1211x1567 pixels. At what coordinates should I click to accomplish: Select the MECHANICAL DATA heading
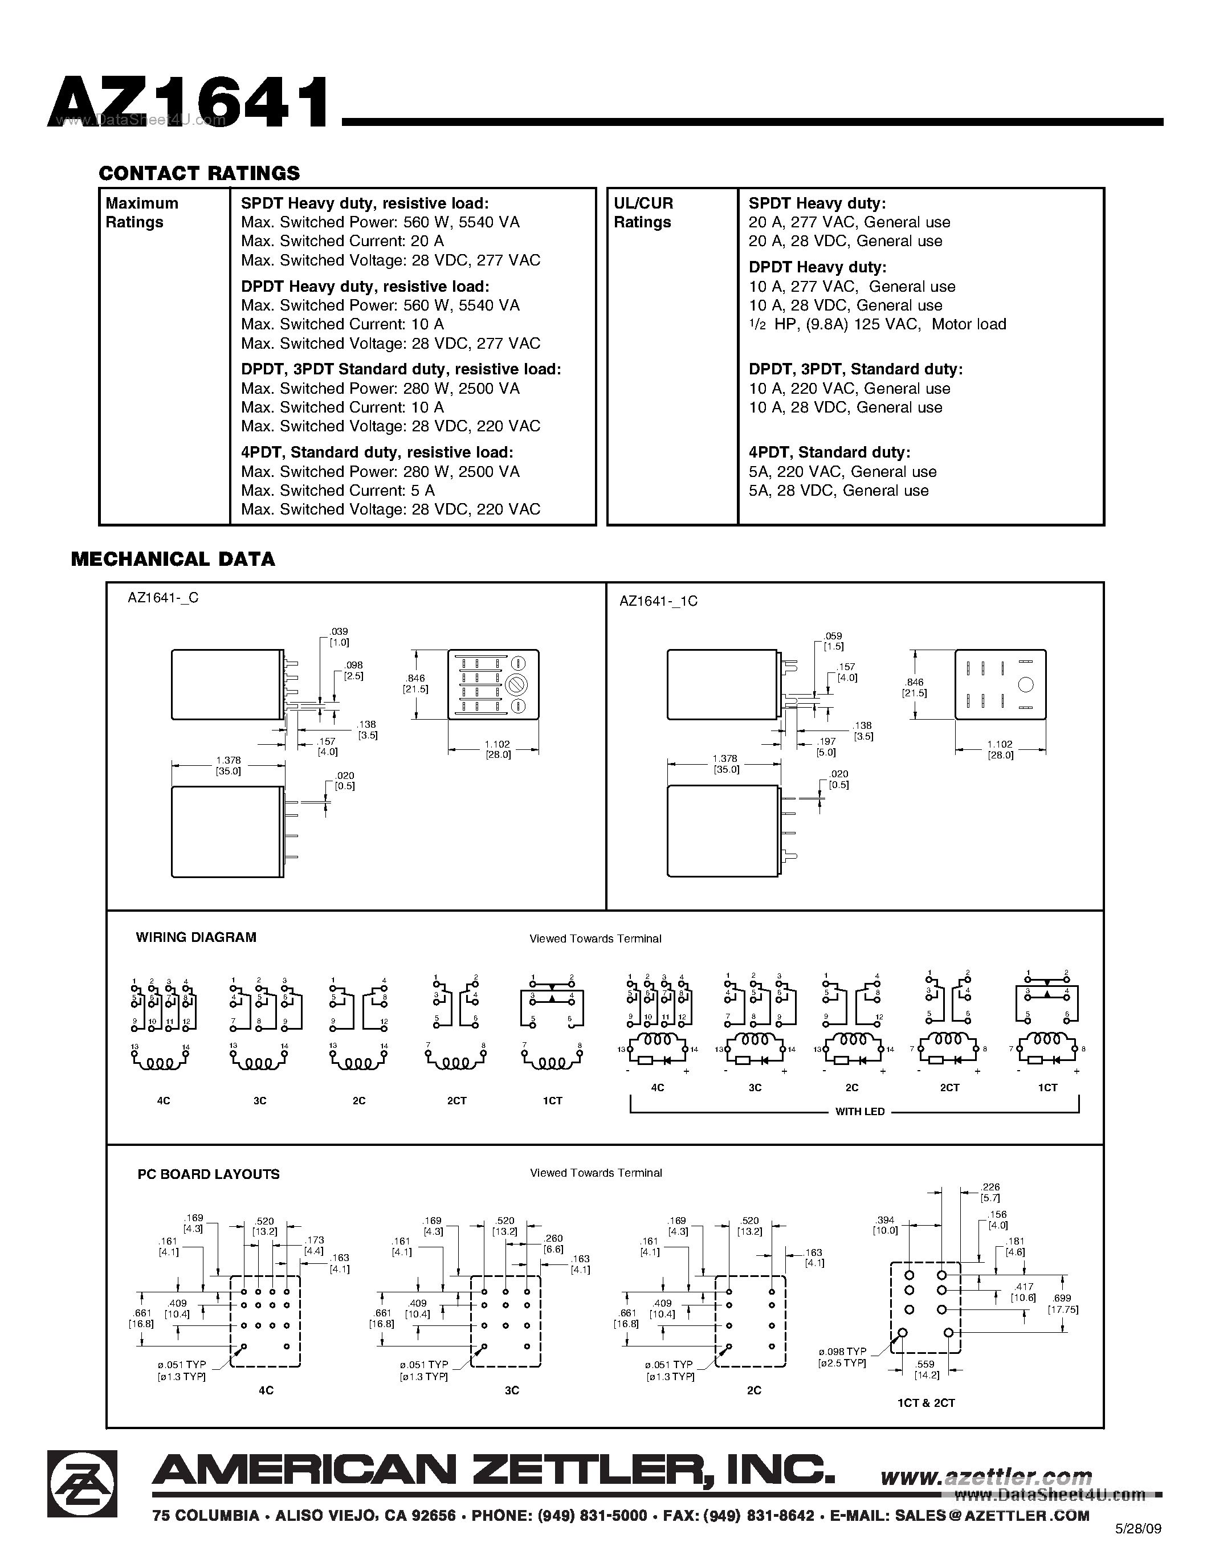173,559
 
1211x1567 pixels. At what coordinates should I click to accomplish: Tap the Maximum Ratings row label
142,213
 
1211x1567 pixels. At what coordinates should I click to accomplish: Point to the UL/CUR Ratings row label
643,213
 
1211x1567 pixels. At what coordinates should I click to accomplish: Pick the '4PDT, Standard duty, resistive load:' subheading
377,452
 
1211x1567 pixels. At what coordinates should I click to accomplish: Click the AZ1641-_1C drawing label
658,601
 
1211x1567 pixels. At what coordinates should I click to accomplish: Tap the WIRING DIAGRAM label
196,937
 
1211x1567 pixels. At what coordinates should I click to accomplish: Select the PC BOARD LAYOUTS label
208,1174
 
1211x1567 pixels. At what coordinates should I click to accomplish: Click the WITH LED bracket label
859,1111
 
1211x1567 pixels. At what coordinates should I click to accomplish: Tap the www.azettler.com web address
986,1476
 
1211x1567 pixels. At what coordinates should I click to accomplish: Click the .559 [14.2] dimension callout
925,1369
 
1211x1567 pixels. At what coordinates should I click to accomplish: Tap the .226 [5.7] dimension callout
990,1193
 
